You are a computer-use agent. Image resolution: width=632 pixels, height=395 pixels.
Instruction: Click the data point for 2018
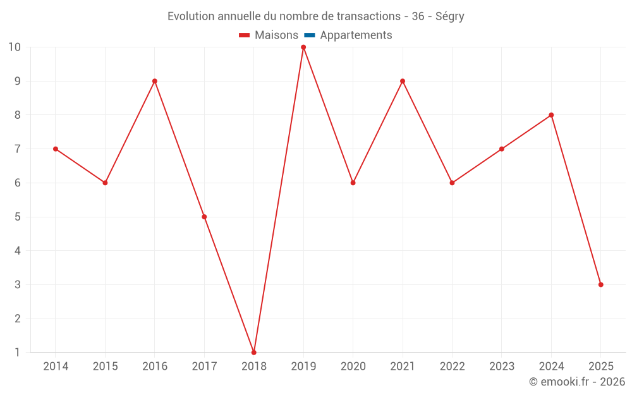coord(254,352)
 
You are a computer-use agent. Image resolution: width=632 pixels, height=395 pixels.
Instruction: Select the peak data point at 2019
coord(303,47)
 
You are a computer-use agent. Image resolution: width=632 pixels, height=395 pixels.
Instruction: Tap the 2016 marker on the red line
coord(155,81)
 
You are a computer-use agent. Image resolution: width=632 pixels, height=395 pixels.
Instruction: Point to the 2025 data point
coord(600,284)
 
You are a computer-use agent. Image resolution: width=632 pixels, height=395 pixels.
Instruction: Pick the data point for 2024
coord(551,115)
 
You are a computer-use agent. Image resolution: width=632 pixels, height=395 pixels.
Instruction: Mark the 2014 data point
coord(56,149)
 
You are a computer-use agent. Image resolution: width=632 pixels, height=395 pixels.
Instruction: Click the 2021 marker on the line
coord(403,81)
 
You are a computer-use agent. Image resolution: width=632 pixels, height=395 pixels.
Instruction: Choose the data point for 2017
coord(204,217)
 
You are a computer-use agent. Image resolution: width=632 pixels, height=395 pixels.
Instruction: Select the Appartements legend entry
coord(356,35)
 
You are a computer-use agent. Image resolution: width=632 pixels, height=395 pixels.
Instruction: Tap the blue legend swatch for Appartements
coord(310,35)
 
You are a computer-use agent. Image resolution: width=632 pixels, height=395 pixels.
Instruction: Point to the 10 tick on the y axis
coord(15,47)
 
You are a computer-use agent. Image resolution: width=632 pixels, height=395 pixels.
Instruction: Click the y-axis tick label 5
coord(18,217)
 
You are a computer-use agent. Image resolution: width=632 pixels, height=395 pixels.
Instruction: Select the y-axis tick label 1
coord(18,352)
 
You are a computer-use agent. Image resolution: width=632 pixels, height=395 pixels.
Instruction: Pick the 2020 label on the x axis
coord(353,366)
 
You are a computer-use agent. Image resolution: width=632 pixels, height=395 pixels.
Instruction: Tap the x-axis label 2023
coord(502,366)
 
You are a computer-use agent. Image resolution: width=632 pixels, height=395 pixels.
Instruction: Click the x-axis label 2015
coord(105,366)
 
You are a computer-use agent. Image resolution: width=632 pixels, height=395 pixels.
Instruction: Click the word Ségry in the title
coord(450,16)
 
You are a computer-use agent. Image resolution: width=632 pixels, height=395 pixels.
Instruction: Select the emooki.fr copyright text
coord(577,382)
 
